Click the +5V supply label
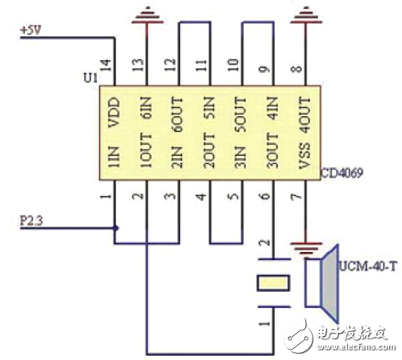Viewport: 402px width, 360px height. [30, 30]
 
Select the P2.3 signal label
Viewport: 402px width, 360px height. [31, 221]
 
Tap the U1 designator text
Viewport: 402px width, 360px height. [90, 78]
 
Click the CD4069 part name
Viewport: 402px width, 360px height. [342, 173]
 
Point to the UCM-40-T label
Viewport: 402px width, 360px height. [368, 266]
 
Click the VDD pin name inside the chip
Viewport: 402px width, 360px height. [113, 112]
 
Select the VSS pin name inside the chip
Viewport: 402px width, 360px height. [304, 156]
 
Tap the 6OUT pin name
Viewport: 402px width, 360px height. [177, 114]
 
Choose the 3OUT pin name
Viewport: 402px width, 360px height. [273, 150]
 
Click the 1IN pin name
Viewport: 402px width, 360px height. [113, 157]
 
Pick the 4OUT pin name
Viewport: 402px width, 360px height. [304, 115]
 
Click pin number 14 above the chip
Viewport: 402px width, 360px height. [105, 66]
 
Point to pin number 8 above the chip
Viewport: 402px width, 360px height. [297, 68]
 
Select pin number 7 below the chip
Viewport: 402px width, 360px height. [297, 197]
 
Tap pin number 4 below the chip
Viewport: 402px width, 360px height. [201, 197]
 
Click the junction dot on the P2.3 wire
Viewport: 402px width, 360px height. [115, 228]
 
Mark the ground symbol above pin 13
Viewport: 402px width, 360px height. [147, 15]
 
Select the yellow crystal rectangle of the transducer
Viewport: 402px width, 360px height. [273, 283]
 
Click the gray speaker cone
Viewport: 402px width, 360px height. [330, 283]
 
